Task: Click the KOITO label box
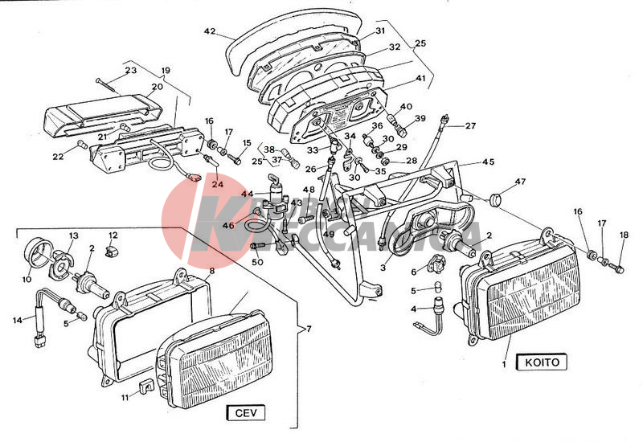541,362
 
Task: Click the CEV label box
245,414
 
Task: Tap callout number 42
210,32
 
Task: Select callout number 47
520,182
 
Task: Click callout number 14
18,321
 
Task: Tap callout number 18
624,235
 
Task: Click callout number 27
470,125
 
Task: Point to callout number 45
488,162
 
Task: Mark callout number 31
381,32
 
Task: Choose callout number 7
305,329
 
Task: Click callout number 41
420,79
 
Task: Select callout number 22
59,156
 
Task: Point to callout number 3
383,267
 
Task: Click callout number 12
113,235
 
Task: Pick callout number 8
212,272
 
